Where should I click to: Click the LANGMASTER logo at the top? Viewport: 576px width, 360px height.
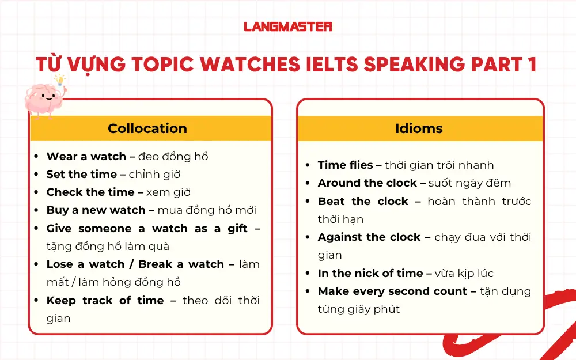coord(288,26)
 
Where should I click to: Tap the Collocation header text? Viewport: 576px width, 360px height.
coord(147,128)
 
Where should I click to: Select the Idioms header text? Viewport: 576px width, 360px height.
coord(419,128)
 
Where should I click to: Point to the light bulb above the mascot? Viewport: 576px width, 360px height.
coord(59,80)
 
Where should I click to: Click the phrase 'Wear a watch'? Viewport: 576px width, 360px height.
coord(86,157)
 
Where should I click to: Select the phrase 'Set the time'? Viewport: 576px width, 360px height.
coord(82,175)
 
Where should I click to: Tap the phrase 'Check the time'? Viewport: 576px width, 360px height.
coord(90,192)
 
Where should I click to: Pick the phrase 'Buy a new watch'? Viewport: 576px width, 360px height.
coord(96,210)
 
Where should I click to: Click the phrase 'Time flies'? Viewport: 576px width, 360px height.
coord(346,165)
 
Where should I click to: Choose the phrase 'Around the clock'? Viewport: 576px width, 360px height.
coord(367,183)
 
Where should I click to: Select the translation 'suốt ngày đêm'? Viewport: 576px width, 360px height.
coord(469,183)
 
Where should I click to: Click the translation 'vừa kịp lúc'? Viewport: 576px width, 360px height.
coord(464,274)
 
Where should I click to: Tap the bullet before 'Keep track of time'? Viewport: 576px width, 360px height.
coord(36,301)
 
